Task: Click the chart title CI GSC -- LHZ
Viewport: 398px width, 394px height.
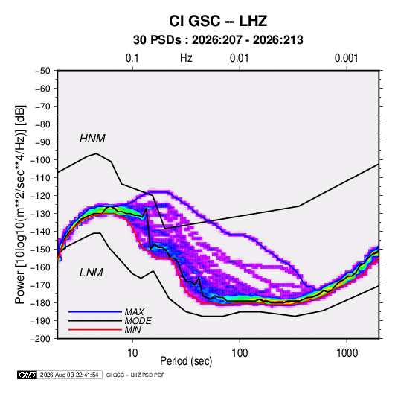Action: (218, 21)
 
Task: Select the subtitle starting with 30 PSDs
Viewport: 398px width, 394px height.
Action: (218, 40)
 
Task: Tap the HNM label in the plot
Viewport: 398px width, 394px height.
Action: (92, 139)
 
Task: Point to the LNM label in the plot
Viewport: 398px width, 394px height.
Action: (92, 273)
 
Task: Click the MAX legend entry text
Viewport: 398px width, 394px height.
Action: (135, 311)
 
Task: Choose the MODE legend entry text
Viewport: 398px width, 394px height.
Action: (138, 321)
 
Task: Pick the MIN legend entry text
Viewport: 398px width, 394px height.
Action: (133, 330)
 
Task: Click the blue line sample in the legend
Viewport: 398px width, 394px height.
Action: (95, 312)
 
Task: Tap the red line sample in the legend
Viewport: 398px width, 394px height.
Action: (95, 330)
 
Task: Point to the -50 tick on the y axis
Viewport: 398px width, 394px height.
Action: (42, 71)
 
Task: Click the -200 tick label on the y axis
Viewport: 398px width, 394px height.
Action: (40, 339)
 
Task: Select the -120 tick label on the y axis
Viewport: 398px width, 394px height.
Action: (40, 196)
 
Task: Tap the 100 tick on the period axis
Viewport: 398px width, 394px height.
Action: (240, 353)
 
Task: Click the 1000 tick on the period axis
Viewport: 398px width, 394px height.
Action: (347, 353)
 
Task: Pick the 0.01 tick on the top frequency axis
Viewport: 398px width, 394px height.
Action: (240, 58)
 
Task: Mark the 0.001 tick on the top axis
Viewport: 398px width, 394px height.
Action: (347, 58)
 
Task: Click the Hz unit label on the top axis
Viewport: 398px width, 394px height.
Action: (186, 58)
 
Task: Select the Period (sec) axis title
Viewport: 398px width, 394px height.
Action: (186, 361)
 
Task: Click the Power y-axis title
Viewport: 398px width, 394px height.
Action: (20, 205)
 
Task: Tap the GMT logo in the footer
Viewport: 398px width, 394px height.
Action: (27, 375)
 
